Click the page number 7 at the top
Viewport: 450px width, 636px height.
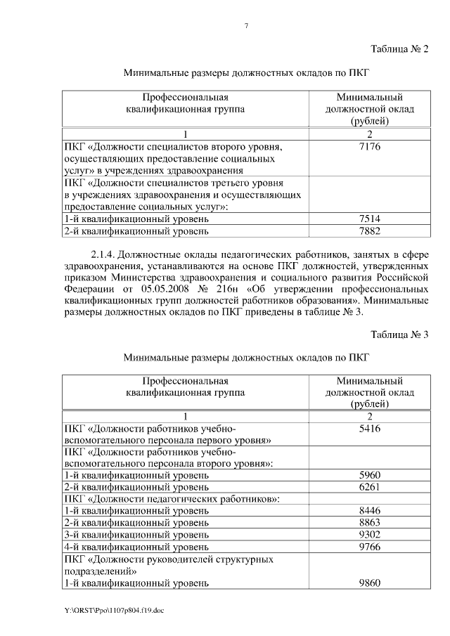246,26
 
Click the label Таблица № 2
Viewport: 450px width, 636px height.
399,48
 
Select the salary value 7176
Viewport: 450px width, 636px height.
369,147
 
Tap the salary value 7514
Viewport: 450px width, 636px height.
369,219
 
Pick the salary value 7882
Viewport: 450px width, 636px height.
369,231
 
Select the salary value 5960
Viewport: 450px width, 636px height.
369,475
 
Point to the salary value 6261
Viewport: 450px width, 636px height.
369,487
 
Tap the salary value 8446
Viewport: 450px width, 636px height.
369,511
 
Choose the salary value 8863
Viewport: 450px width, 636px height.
369,523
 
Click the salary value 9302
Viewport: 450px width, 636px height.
369,534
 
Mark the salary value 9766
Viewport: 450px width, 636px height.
369,546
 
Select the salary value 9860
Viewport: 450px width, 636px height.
369,583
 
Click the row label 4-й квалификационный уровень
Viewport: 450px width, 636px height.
136,546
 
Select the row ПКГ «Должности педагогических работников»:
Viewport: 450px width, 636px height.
172,499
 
